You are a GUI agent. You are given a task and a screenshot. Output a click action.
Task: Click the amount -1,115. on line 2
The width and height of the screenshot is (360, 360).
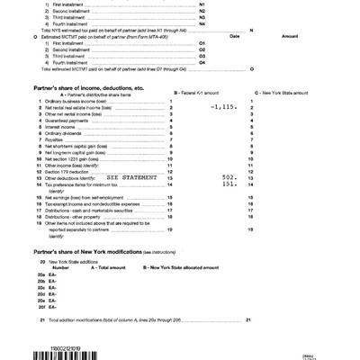(x=219, y=107)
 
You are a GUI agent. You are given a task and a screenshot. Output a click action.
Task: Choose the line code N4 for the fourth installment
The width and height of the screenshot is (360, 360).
(x=175, y=23)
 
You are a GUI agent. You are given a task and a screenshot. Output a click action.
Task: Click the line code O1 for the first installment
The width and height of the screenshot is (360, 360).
(x=175, y=42)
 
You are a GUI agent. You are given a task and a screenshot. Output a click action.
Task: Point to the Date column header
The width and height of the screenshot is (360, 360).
(x=235, y=36)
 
